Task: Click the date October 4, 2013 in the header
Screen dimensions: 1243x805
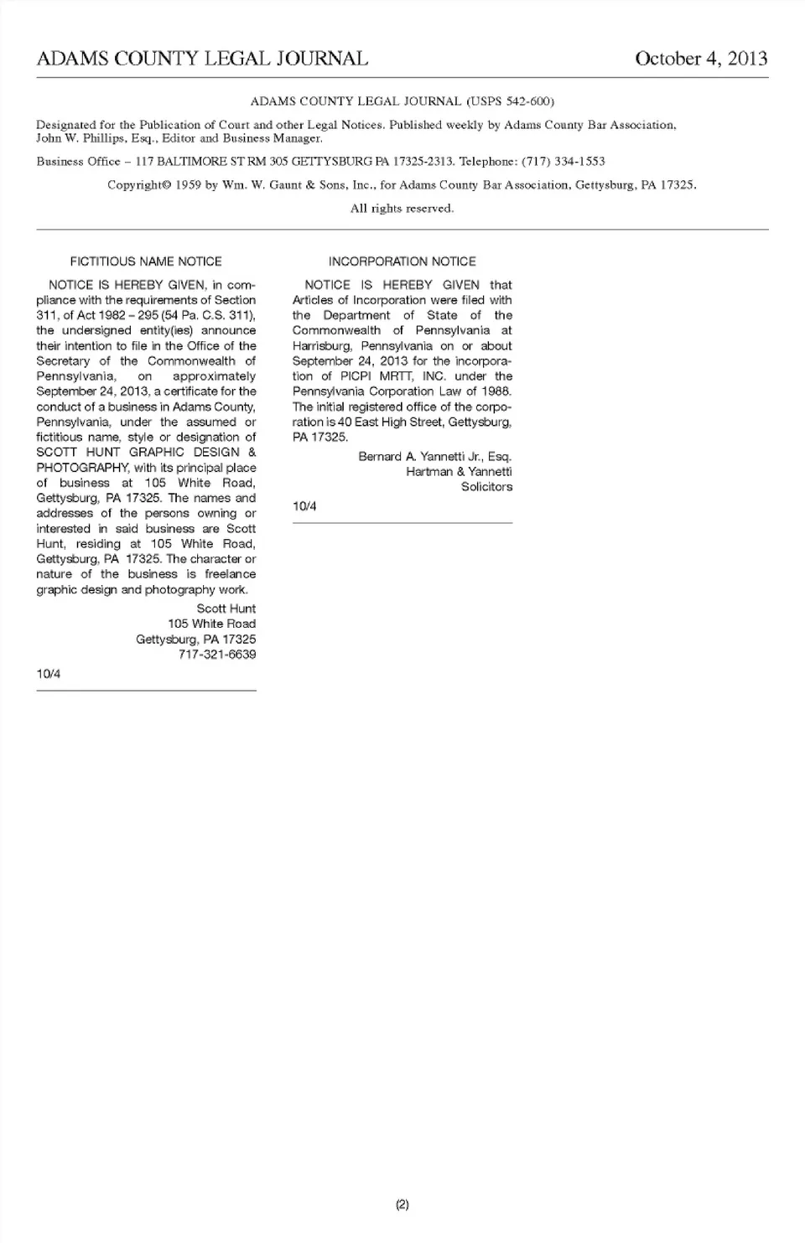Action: coord(701,59)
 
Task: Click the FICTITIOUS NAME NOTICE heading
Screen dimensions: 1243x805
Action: coord(146,262)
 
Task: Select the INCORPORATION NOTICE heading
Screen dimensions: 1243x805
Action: coord(402,262)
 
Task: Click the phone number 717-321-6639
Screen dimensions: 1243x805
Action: coord(217,655)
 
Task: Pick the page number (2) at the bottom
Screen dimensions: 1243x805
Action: coord(402,1204)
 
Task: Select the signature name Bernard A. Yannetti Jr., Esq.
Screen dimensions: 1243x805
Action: coord(434,457)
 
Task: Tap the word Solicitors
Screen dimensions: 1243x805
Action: coord(486,487)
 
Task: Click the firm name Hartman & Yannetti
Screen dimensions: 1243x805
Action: coord(459,472)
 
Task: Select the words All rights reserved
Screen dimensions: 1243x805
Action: coord(402,209)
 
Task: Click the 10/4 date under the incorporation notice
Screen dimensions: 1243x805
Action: coord(304,506)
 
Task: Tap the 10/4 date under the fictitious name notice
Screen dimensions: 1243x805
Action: coord(49,674)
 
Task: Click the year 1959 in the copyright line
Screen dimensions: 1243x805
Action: coord(189,185)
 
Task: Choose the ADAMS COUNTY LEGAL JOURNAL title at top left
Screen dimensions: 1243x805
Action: coord(202,59)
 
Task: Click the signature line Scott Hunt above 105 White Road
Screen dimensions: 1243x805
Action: coord(226,609)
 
